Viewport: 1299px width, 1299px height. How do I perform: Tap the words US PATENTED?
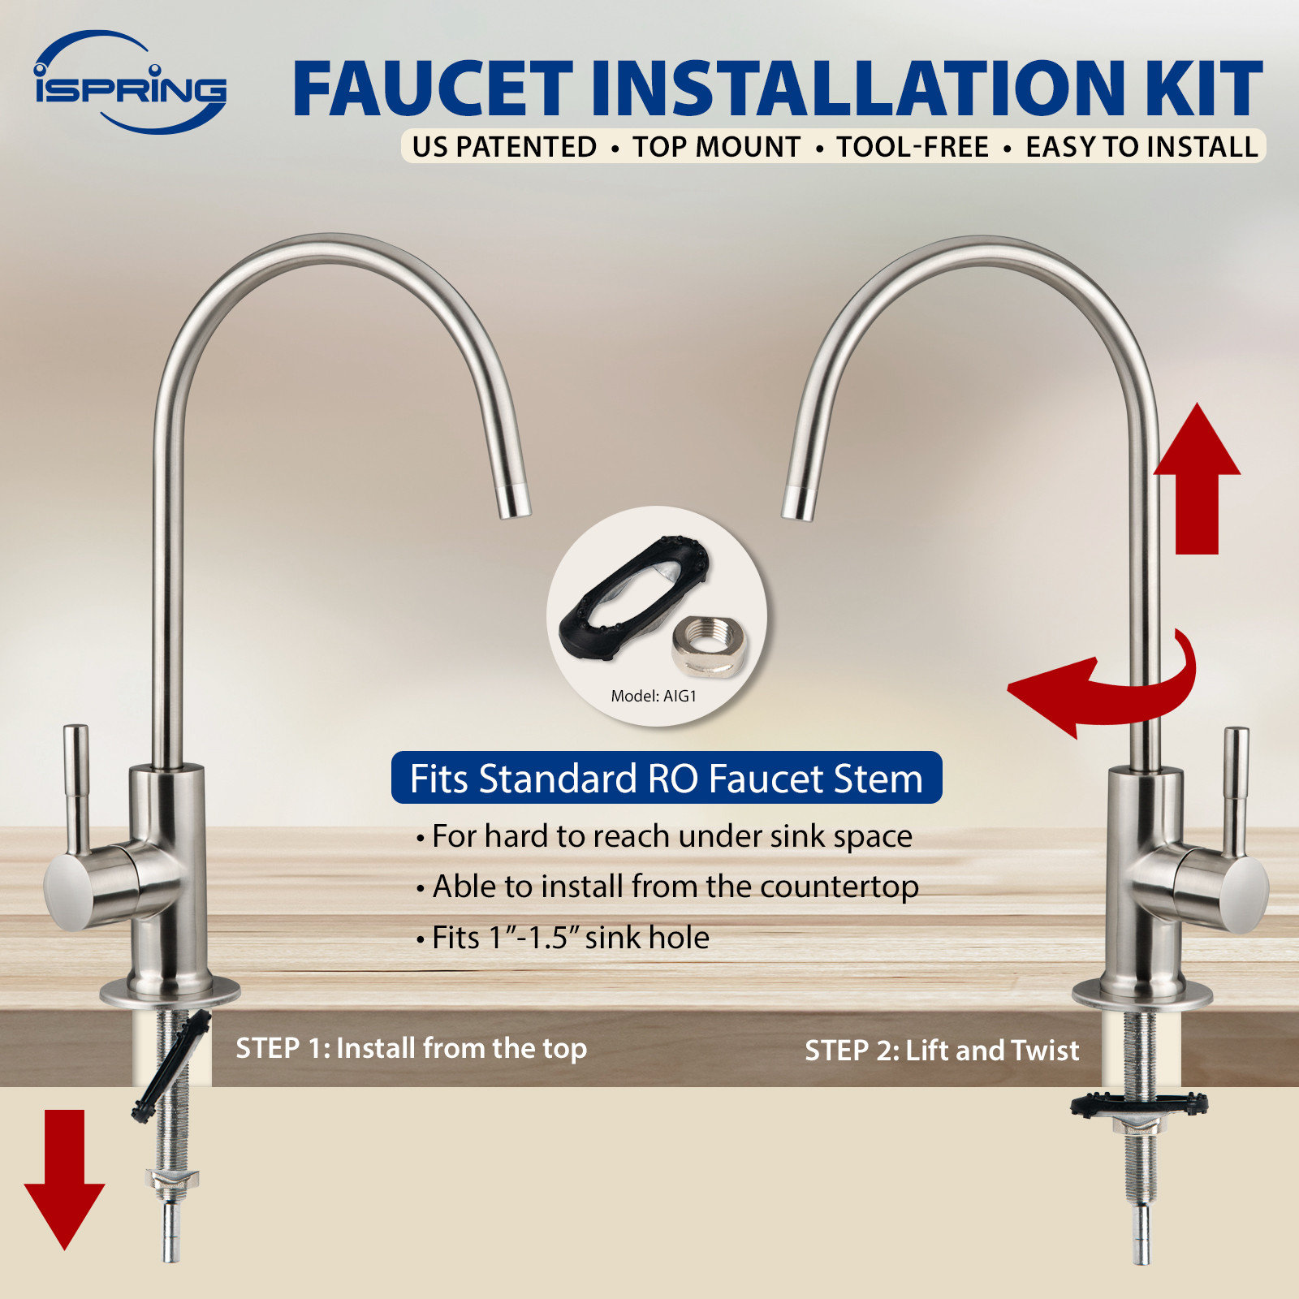coord(503,147)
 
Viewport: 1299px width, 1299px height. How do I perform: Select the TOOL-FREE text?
coord(913,147)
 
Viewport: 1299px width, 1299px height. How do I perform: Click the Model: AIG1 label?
coord(654,696)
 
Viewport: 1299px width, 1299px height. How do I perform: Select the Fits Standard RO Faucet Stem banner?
coord(666,779)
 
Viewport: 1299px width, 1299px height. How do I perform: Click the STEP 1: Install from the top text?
coord(411,1048)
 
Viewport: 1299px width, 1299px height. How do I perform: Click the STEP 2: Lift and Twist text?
coord(942,1051)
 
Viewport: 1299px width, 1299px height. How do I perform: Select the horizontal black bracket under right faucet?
coord(1139,1104)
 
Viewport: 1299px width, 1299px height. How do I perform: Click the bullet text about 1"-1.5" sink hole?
coord(568,938)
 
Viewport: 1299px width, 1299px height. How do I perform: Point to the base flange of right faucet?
coord(1141,995)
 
